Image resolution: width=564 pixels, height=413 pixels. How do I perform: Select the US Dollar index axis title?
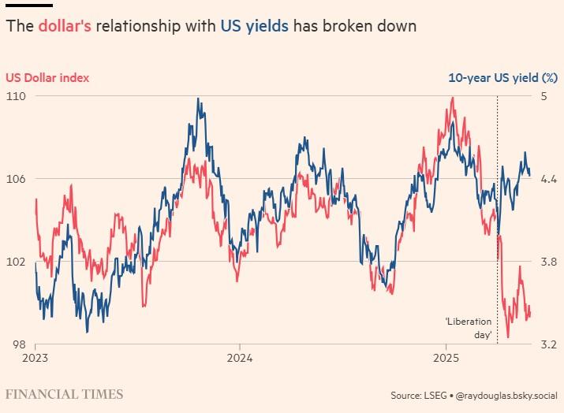pyautogui.click(x=47, y=77)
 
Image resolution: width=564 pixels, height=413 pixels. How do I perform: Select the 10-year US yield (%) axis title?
pyautogui.click(x=502, y=77)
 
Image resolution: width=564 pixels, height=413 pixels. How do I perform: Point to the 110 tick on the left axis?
pyautogui.click(x=15, y=96)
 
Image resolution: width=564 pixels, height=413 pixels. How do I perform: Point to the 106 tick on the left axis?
pyautogui.click(x=15, y=179)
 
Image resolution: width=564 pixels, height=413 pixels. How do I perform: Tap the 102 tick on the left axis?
pyautogui.click(x=15, y=262)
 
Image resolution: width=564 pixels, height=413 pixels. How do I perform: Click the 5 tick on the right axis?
pyautogui.click(x=543, y=96)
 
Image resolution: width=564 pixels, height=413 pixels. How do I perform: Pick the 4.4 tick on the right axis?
pyautogui.click(x=547, y=179)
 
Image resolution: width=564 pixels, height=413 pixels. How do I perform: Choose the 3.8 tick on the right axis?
pyautogui.click(x=547, y=262)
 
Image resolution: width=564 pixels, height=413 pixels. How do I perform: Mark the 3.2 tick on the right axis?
pyautogui.click(x=547, y=344)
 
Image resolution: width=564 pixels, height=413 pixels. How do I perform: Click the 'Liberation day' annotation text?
pyautogui.click(x=469, y=328)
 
